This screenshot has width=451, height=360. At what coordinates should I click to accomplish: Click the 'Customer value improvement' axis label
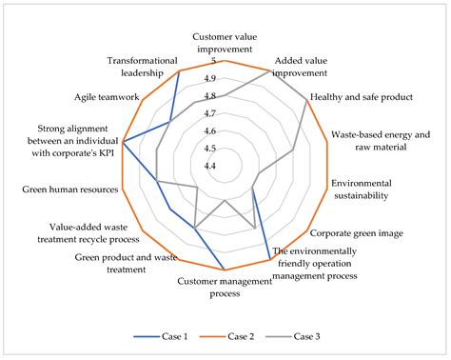[x=225, y=42]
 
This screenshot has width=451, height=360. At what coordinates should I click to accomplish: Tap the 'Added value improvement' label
[x=304, y=66]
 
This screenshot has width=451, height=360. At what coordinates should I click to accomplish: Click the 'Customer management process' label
[x=225, y=287]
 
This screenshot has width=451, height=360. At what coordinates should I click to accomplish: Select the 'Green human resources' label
[x=70, y=190]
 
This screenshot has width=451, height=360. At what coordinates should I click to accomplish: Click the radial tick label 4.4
[x=210, y=166]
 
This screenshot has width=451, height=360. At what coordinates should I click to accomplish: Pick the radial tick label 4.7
[x=210, y=113]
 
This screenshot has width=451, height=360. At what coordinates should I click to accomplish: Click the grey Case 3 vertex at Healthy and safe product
[x=306, y=98]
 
